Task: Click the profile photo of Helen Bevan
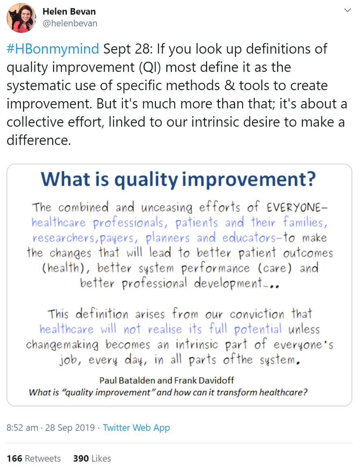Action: coord(21,18)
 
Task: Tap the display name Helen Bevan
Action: coord(69,11)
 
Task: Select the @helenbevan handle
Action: coord(70,23)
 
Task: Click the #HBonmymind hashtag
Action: coord(53,49)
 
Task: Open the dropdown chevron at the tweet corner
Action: coord(347,10)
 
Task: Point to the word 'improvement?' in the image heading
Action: coord(249,179)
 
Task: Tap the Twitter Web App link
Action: coord(136,428)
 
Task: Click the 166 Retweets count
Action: coord(34,458)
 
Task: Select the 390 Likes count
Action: coord(92,458)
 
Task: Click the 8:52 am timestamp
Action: coord(22,428)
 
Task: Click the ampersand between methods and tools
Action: coord(230,85)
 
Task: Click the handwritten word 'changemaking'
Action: coord(62,345)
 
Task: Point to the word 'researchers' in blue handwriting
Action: coord(64,238)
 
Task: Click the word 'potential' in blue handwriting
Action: coord(258,329)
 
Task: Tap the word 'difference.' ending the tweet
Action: coord(39,140)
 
